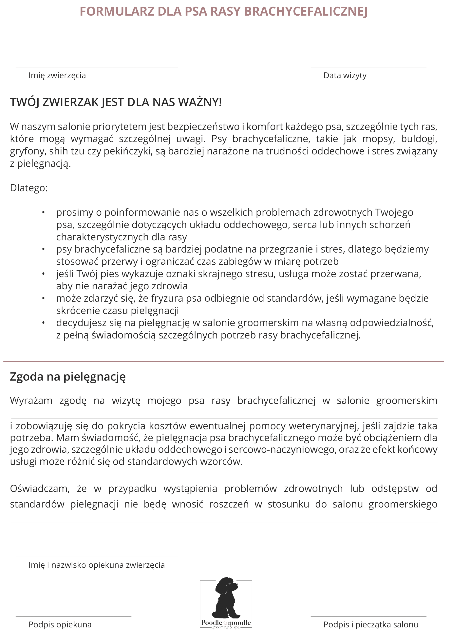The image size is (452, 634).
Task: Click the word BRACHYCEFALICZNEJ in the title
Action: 306,12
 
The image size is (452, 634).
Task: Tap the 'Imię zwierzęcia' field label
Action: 57,76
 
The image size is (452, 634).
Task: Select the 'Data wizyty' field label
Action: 345,76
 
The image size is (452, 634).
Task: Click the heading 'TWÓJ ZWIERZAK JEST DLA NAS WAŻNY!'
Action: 116,103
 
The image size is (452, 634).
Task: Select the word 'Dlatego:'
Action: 29,188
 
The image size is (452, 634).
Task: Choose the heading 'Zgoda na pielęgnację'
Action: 68,377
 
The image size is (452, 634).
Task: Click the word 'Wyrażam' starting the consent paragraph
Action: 31,401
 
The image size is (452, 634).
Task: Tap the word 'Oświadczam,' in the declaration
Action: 40,489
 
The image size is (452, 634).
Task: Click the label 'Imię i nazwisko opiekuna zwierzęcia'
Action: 97,565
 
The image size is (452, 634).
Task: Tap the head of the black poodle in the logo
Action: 228,585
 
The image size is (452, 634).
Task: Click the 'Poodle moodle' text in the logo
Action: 226,623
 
